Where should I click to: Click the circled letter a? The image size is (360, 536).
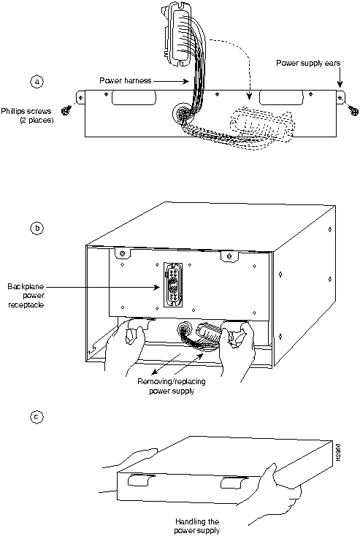tap(37, 82)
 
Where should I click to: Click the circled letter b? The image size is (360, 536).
tap(37, 228)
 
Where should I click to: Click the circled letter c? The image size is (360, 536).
tap(37, 417)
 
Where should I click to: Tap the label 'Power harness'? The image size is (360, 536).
tap(125, 80)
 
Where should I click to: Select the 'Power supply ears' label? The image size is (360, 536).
tap(308, 63)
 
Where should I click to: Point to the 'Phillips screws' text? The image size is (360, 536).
tap(26, 112)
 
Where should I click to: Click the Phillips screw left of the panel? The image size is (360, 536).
tap(66, 110)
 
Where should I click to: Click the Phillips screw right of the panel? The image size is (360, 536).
tap(354, 110)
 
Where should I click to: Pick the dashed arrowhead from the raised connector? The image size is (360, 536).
tap(250, 96)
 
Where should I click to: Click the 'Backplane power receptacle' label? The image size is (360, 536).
tap(26, 295)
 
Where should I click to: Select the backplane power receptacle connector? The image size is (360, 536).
tap(173, 285)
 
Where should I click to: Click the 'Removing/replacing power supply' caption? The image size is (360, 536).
tap(172, 386)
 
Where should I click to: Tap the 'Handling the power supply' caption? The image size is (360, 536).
tap(197, 526)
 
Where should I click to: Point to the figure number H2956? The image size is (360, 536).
tap(338, 453)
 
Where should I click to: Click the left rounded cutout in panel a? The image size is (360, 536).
tap(134, 97)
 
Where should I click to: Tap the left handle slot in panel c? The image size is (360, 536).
tap(141, 480)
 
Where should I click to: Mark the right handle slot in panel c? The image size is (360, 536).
tap(234, 483)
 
